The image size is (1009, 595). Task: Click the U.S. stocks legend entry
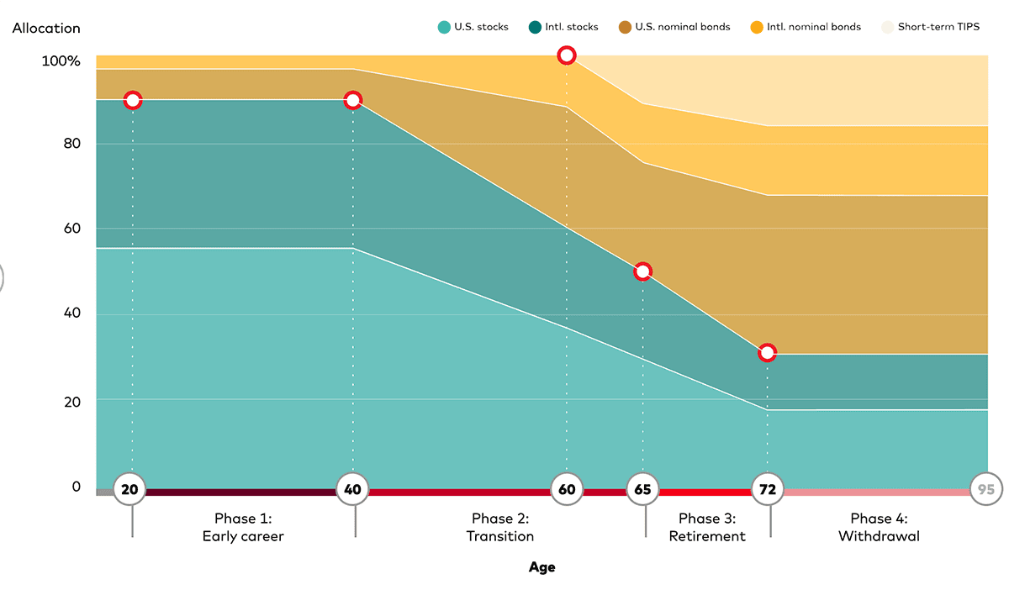click(x=473, y=27)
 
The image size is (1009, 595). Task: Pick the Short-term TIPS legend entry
click(x=930, y=27)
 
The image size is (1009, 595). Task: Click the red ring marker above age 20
click(x=132, y=100)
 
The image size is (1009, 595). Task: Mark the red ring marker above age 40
click(x=353, y=100)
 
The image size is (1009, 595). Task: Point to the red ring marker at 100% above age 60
click(x=567, y=55)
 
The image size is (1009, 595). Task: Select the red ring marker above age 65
click(x=643, y=271)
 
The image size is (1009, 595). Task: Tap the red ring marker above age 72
click(x=767, y=353)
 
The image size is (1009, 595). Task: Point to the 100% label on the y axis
click(x=61, y=61)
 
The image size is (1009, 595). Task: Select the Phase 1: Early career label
click(x=243, y=527)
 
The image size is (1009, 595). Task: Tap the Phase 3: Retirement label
click(x=707, y=527)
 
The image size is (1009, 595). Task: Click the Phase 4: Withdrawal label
click(x=879, y=527)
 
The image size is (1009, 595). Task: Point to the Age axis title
click(x=542, y=567)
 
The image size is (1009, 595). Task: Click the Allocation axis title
click(x=46, y=28)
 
